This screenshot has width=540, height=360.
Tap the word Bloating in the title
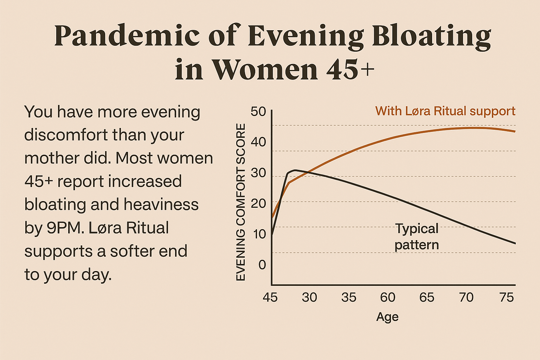[431, 36]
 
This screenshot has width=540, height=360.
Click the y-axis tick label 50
[258, 112]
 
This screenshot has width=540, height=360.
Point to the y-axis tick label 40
[258, 142]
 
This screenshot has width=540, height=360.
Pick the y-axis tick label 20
[258, 203]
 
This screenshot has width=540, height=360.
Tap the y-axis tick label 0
[262, 264]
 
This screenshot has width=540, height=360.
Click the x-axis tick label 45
[270, 297]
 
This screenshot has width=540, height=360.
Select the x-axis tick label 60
[388, 297]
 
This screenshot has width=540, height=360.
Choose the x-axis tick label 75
[507, 297]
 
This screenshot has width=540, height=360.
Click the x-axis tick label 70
[466, 297]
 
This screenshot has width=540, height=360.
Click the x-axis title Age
[387, 317]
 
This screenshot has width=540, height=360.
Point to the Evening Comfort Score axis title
[240, 202]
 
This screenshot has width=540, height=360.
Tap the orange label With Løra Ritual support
[445, 111]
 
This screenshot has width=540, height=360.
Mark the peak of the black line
[295, 170]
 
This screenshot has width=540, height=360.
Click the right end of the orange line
[515, 131]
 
